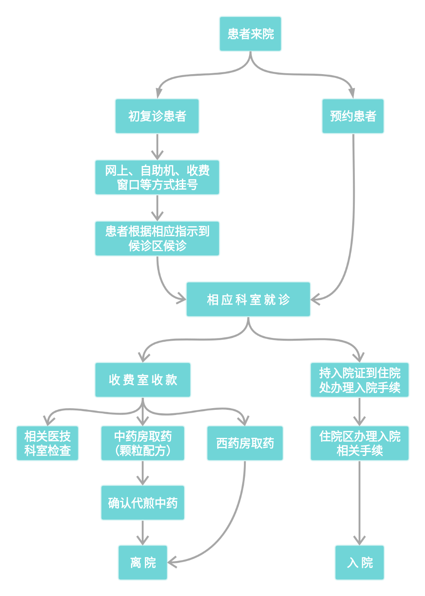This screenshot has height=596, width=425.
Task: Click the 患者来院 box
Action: pos(250,34)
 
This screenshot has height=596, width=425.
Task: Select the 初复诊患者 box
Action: pos(157,116)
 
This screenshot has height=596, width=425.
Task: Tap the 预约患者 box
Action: pos(353,116)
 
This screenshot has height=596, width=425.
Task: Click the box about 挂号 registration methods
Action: pos(157,177)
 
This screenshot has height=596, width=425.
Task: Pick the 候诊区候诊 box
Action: pos(157,238)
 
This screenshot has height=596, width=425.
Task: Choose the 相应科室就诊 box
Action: pos(248,300)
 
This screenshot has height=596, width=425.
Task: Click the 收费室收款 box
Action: pos(143,380)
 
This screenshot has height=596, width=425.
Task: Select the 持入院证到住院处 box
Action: pos(359,380)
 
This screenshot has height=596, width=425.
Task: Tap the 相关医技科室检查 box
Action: pos(47,443)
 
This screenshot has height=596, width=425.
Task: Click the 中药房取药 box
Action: pos(143,443)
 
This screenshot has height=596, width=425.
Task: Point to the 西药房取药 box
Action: pos(245,443)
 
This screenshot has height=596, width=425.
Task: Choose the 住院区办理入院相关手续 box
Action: pos(359,443)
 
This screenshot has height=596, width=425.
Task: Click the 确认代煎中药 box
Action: pos(143,502)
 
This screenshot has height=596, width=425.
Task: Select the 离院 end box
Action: pos(143,562)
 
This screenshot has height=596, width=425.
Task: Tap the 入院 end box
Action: pos(359,562)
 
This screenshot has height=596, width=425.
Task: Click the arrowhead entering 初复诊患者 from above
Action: pos(159,93)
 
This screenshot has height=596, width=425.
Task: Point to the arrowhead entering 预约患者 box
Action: pos(352,93)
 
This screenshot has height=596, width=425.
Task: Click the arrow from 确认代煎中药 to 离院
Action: pos(143,533)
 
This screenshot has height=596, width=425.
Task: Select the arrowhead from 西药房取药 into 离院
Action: pos(172,562)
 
